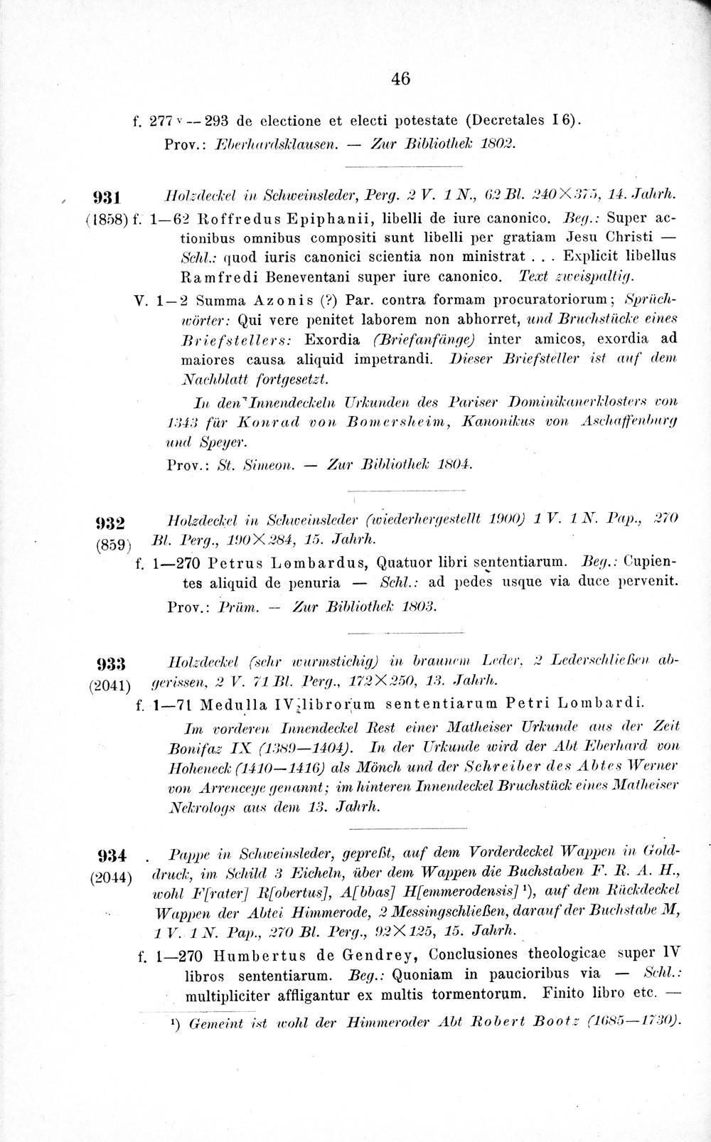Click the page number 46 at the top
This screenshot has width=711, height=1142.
point(400,79)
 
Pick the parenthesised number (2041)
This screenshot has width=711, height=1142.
point(109,685)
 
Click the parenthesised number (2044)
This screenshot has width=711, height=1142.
point(109,877)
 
